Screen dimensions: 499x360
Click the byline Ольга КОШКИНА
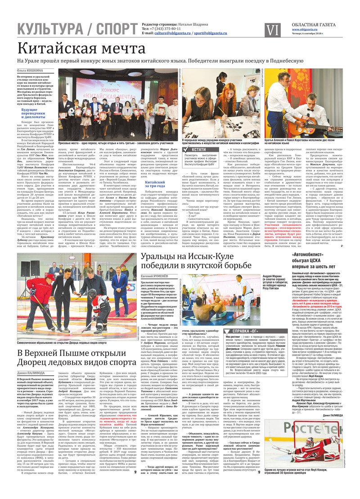30,71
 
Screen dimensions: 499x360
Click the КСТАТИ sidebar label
198,149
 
